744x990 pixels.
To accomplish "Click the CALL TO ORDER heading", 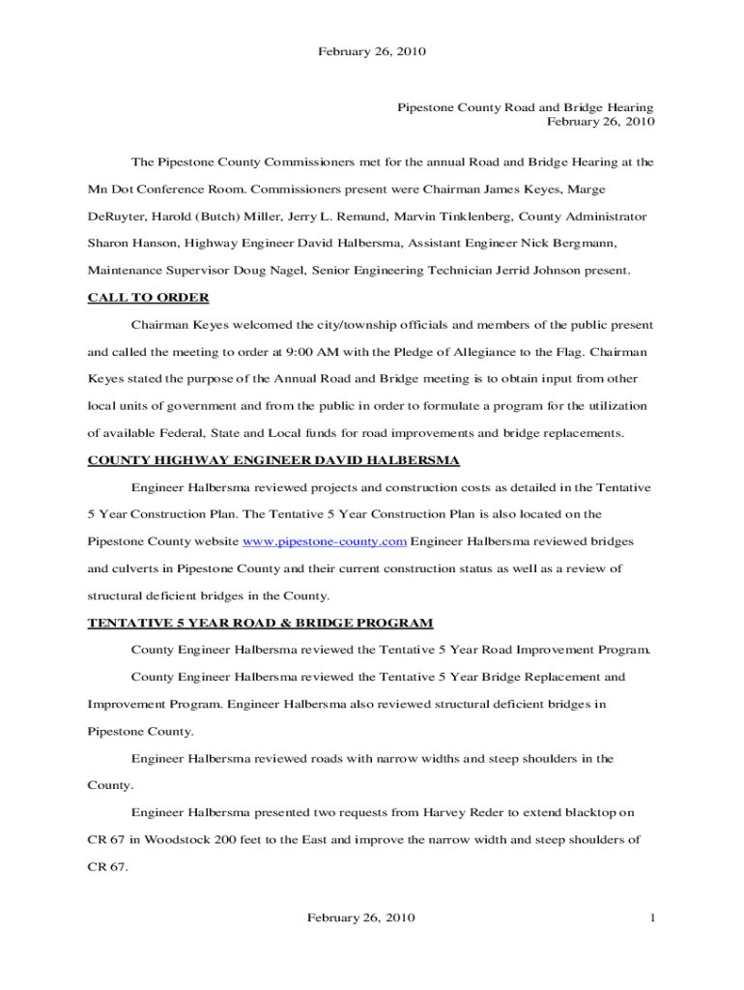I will coord(148,297).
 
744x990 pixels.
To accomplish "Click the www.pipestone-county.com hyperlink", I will coord(324,540).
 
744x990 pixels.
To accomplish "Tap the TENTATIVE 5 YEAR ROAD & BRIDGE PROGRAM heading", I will coord(260,622).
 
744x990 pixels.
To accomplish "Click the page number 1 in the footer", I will coord(653,917).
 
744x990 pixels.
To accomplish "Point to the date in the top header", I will coord(372,50).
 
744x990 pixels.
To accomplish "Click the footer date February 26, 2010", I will coord(361,917).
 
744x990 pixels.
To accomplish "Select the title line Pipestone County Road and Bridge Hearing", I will coord(526,107).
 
